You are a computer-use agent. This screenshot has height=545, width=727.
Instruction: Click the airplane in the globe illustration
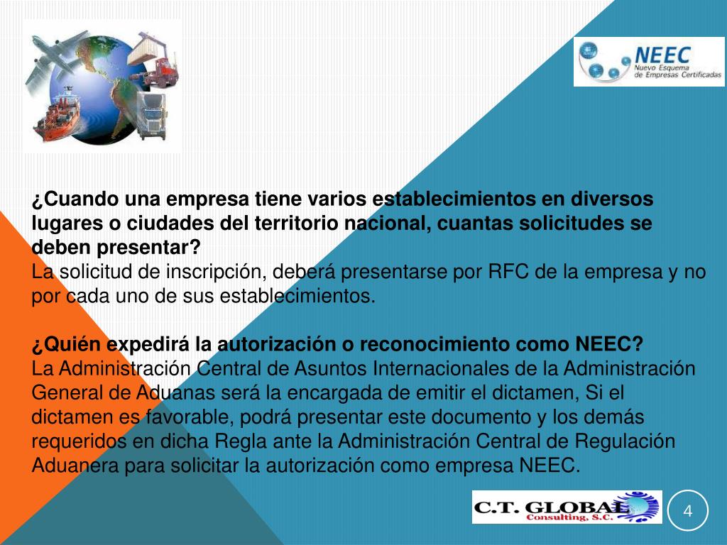click(x=53, y=55)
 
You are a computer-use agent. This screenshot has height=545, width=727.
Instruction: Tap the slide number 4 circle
click(x=687, y=510)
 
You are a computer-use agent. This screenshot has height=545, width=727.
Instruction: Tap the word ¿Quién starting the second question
click(x=67, y=345)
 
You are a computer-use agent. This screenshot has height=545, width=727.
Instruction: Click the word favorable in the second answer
click(x=162, y=417)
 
